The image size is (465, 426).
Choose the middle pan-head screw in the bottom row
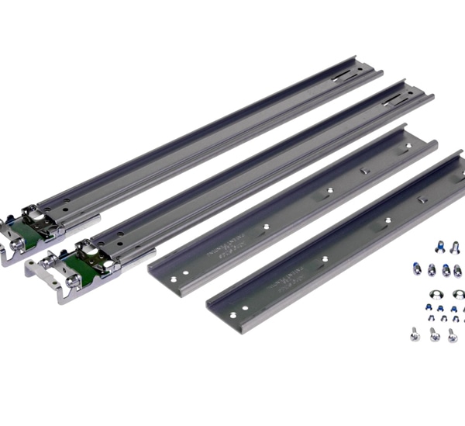(434, 334)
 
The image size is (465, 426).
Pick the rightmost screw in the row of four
(457, 270)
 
